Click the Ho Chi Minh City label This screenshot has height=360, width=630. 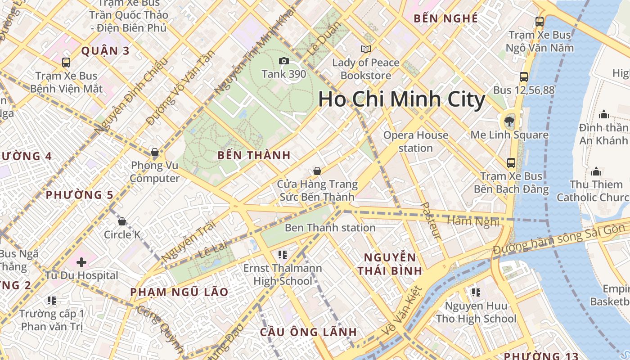(x=401, y=99)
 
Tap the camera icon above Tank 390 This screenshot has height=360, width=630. (x=283, y=61)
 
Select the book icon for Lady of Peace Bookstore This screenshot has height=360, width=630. (x=365, y=49)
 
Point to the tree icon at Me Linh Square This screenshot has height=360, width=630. (x=509, y=121)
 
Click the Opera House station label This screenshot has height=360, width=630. (x=416, y=141)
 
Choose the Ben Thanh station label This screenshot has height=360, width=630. (x=330, y=228)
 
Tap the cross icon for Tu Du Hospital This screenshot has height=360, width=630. (x=81, y=262)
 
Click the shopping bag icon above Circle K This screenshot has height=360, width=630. (x=121, y=221)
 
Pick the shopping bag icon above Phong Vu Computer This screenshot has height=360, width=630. (x=155, y=153)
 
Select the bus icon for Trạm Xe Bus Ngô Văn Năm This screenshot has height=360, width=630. (x=539, y=21)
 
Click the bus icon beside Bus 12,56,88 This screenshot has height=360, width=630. (x=523, y=77)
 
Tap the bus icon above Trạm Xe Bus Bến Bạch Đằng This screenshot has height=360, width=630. (x=511, y=162)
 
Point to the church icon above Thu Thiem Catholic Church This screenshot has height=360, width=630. (x=596, y=171)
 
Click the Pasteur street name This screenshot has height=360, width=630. (x=431, y=220)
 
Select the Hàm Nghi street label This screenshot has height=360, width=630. (x=473, y=221)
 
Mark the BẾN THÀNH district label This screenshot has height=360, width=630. (x=254, y=156)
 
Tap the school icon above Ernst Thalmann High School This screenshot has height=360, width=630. (x=283, y=255)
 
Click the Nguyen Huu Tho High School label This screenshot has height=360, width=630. (x=476, y=312)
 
